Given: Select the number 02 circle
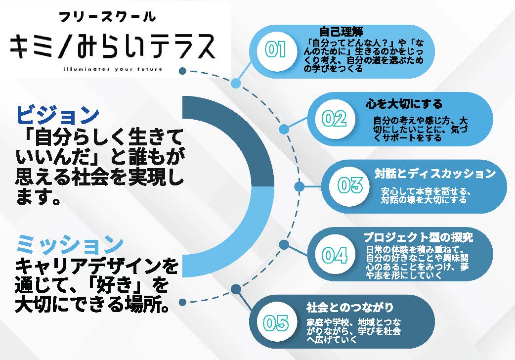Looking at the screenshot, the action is [x=335, y=119].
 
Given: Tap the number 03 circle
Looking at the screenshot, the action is [x=349, y=186].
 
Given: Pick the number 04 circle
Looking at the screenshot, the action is [x=335, y=255].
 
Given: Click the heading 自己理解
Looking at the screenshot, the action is [x=341, y=32].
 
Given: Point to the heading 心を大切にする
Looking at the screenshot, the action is [x=404, y=104].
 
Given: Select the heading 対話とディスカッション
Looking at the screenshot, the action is [x=435, y=173].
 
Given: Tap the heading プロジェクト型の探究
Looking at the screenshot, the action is [x=418, y=237].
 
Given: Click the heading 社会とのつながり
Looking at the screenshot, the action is [x=349, y=308].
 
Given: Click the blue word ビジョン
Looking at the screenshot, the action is [x=57, y=115].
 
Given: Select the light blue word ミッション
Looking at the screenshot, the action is [x=70, y=244].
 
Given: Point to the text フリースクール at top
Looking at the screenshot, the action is [x=107, y=16].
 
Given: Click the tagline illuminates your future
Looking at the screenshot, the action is [x=113, y=69].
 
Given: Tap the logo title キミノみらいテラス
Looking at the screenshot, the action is [x=113, y=46].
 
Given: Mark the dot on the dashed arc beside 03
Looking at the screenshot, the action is [x=299, y=187].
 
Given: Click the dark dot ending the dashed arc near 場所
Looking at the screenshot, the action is [x=182, y=302].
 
